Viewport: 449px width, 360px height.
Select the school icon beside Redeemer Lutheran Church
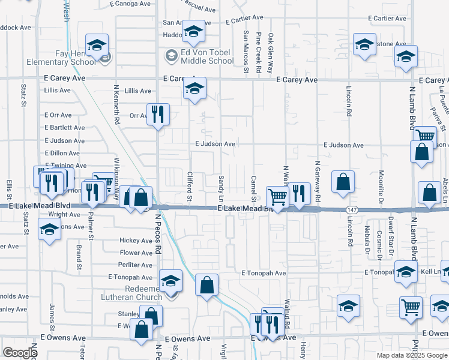click(170, 280)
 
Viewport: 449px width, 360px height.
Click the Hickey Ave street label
click(136, 241)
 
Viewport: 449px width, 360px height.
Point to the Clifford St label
click(189, 186)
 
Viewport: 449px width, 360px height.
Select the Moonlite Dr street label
click(381, 184)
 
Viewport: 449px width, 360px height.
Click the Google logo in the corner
click(19, 353)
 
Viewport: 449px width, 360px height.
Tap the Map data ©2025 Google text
click(412, 355)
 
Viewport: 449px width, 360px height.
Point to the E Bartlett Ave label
click(64, 128)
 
